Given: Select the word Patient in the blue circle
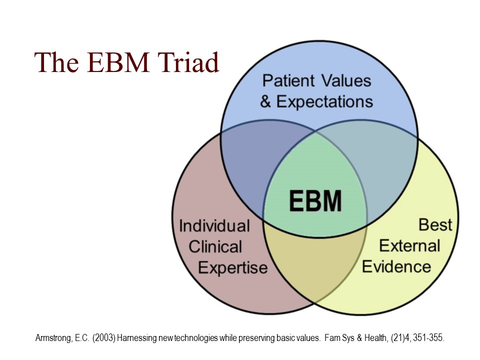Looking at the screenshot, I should [289, 80].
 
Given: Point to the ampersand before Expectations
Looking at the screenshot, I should [266, 102].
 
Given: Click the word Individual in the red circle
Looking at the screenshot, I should [214, 226].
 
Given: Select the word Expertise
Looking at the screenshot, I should [232, 267].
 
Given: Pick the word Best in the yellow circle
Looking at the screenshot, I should [435, 225].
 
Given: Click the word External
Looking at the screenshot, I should [409, 246].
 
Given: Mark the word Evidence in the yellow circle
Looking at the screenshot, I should [396, 266].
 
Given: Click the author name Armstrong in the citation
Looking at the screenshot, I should [52, 338].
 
